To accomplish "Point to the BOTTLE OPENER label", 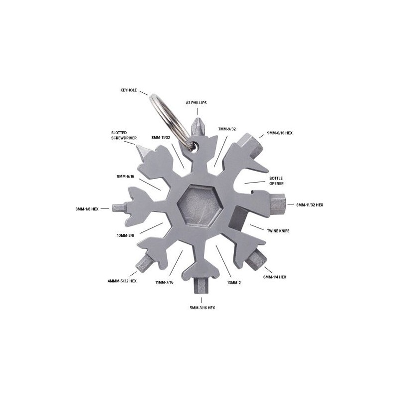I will coord(276,180).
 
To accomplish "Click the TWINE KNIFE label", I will coord(279,231).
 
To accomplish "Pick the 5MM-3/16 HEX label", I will coord(202,308).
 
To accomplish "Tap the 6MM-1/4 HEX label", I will coord(274,276).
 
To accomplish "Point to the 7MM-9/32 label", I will coord(227,129).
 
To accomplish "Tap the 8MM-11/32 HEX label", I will coord(310,204).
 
